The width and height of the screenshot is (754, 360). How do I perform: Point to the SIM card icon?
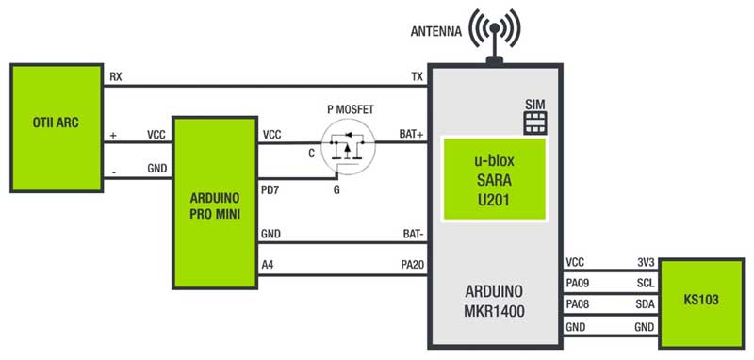535,123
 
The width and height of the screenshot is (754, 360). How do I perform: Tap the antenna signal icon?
493,33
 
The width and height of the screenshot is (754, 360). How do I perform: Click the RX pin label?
115,76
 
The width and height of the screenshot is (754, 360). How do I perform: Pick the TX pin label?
416,76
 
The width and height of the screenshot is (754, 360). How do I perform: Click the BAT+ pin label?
411,135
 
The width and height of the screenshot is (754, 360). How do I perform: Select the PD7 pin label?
271,190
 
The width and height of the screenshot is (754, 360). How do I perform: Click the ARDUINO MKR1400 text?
495,296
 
